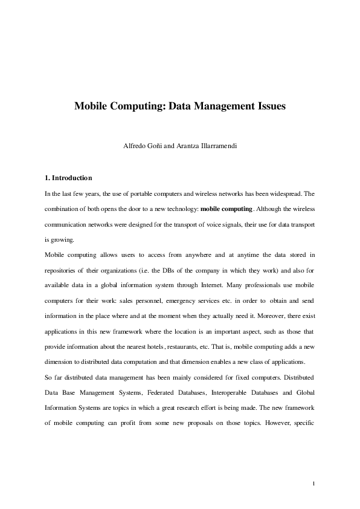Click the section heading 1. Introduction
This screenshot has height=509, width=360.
[x=68, y=178]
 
